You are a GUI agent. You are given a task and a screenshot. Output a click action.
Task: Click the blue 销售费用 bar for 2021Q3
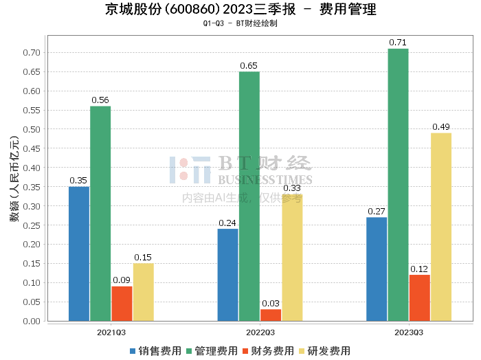click(x=79, y=254)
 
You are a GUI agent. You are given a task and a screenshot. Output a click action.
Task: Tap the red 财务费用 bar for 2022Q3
click(x=271, y=315)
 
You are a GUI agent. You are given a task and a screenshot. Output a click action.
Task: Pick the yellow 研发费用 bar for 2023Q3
click(x=440, y=227)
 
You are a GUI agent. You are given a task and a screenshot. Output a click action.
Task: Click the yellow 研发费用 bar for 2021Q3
click(x=143, y=292)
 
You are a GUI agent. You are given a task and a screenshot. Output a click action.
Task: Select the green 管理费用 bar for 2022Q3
click(x=249, y=196)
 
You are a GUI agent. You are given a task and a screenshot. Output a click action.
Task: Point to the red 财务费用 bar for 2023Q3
click(x=419, y=297)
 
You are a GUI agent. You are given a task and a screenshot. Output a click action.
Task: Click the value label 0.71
click(x=397, y=43)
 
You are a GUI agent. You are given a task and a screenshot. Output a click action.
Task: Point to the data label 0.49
click(x=440, y=127)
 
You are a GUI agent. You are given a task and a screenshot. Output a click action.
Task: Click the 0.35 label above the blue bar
click(x=78, y=181)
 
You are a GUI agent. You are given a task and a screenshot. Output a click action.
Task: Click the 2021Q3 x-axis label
click(x=111, y=332)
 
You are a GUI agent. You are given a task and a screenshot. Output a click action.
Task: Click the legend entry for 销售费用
click(x=156, y=351)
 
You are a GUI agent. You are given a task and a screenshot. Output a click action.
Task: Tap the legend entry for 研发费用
click(x=324, y=351)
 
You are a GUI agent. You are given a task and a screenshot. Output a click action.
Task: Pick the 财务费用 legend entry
click(x=268, y=351)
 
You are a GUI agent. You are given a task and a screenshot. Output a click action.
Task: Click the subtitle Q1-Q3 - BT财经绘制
click(x=240, y=23)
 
